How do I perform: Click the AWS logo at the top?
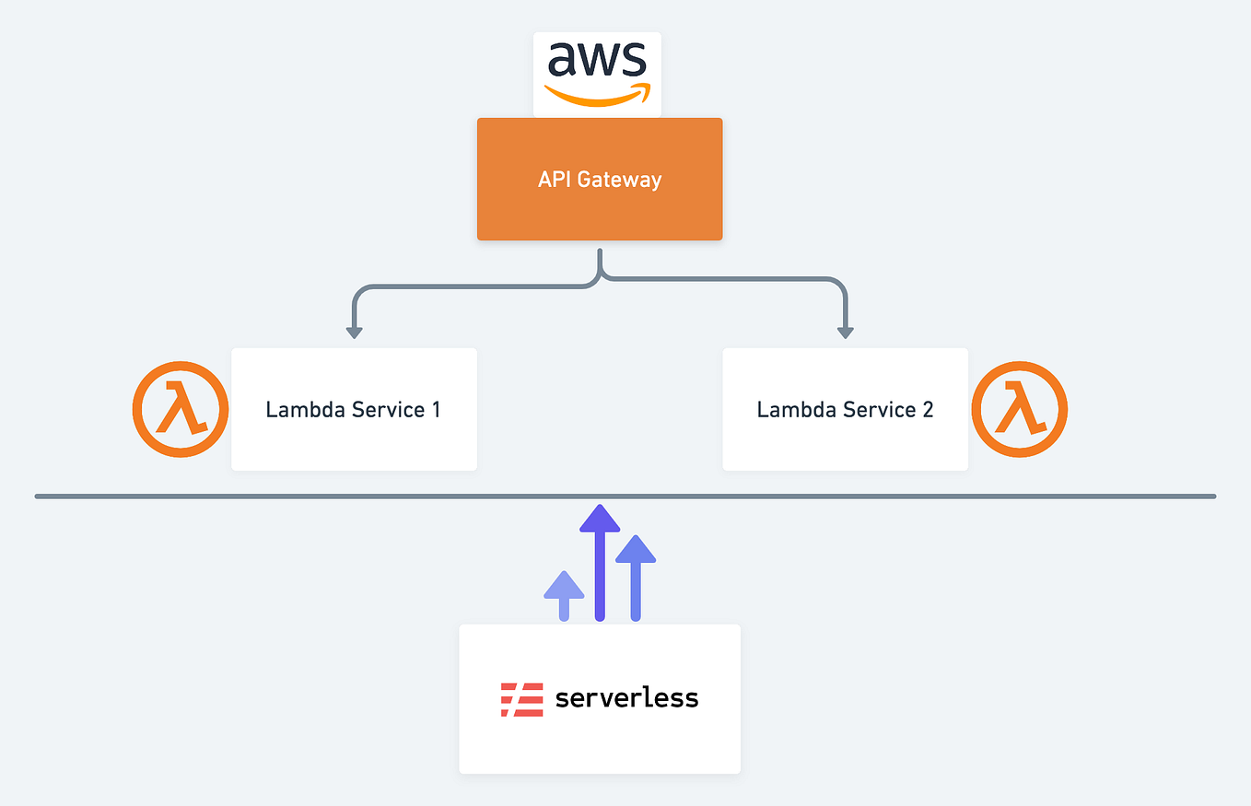pos(597,75)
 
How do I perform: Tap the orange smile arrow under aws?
pos(597,96)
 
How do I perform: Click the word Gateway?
pos(619,179)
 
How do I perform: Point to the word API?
pos(555,179)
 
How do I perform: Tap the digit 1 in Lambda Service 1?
pos(435,409)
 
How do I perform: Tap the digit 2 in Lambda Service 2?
pos(927,409)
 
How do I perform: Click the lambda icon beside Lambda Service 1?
pos(180,409)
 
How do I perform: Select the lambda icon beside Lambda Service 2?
pos(1019,409)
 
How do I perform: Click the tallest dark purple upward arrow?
pos(600,562)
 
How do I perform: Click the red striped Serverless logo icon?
pos(521,699)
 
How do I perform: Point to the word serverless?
pos(626,698)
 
